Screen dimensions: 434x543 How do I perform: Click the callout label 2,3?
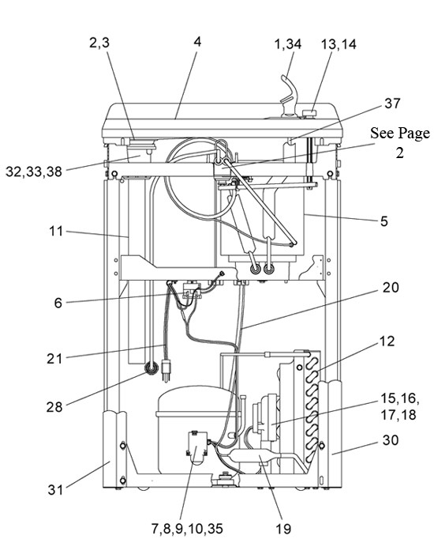coord(99,43)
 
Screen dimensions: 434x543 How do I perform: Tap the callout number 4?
coord(197,42)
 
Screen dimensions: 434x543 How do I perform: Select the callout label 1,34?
coord(288,44)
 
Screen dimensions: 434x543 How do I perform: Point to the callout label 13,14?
coord(339,44)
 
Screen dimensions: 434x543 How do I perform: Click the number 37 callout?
coord(392,104)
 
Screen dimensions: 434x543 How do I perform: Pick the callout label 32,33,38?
coord(34,172)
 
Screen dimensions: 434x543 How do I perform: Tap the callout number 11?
coord(56,231)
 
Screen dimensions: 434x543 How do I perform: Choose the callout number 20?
coord(391,287)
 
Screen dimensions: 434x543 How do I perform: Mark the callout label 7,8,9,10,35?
coord(187,529)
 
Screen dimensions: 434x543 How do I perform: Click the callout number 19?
coord(283,529)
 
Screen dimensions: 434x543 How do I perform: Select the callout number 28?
coord(54,406)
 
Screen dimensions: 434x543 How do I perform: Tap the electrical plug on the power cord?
coord(166,371)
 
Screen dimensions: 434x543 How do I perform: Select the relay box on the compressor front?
coord(196,447)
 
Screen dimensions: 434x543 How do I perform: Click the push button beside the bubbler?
coord(309,113)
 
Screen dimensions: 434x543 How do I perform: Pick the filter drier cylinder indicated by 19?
coord(253,456)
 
